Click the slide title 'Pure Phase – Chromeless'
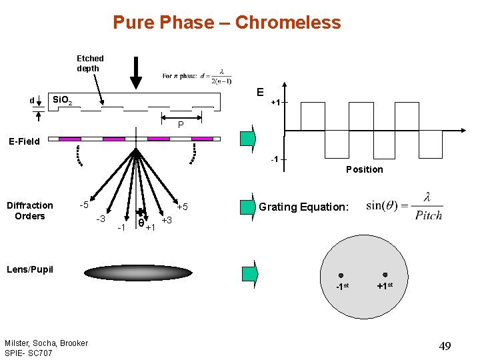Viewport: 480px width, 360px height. [227, 23]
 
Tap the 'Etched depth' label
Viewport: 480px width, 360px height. [90, 63]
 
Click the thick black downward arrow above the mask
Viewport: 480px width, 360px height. [136, 73]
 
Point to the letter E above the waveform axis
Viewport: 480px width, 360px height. [260, 92]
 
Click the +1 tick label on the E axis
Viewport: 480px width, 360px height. [275, 102]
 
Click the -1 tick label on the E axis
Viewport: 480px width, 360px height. [274, 159]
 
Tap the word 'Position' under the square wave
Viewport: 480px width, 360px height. [364, 169]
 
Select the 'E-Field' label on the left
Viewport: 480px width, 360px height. [23, 141]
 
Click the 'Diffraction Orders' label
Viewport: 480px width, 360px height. [29, 211]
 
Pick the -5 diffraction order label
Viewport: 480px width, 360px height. [85, 205]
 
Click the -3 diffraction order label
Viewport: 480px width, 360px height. [101, 219]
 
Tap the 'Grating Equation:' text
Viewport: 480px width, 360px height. [303, 207]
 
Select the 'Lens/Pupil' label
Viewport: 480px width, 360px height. [29, 269]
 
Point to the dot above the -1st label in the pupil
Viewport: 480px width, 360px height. [341, 275]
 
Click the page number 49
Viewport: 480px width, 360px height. [445, 345]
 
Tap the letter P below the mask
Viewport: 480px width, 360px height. [180, 125]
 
